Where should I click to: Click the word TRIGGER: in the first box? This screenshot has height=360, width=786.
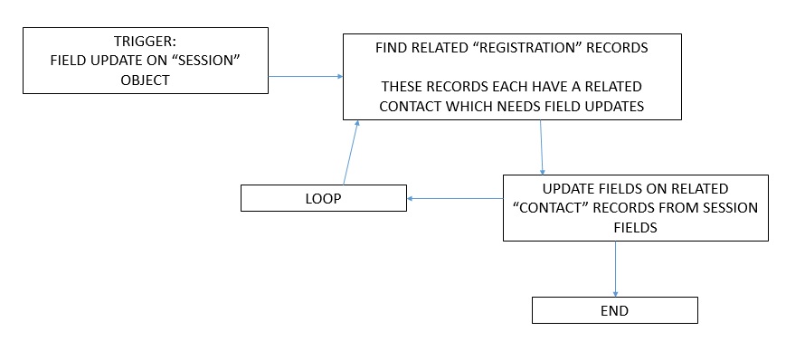tap(146, 42)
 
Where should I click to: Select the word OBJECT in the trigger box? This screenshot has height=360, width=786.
tap(146, 79)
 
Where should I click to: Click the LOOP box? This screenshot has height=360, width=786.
tap(323, 198)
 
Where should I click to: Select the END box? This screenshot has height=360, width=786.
tap(614, 310)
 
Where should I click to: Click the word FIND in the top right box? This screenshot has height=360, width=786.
tap(392, 48)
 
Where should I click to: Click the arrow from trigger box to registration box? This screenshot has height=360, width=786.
tap(305, 77)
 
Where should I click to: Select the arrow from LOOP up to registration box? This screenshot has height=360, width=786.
tap(351, 152)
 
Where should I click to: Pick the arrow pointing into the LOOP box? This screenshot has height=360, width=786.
tap(452, 198)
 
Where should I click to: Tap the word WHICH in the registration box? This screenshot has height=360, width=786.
tap(494, 106)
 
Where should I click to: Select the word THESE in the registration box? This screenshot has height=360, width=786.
tap(402, 86)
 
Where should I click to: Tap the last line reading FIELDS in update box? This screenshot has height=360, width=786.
tap(635, 228)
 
